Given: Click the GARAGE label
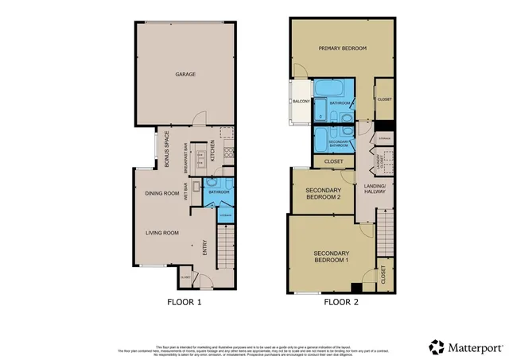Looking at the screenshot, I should coord(185,75).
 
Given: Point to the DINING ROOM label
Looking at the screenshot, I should coord(160,193).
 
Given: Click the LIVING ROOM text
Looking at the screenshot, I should coord(161,233).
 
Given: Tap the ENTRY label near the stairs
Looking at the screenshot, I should coord(204,248).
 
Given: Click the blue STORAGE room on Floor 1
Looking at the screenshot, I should coord(225,215).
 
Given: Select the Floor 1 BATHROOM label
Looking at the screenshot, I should coord(219,192).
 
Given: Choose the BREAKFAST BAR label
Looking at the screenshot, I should coord(185,157).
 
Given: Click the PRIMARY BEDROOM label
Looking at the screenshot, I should coord(342,48).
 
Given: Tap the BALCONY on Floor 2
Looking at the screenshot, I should coord(300,102).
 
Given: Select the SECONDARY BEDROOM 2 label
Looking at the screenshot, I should coord(323,195).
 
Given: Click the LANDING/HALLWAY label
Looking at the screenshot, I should coord(374,188).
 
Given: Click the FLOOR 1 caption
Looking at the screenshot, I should coord(185,302).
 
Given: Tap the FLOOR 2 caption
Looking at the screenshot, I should coord(341,302).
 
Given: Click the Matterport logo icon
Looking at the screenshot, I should coord(437,347).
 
